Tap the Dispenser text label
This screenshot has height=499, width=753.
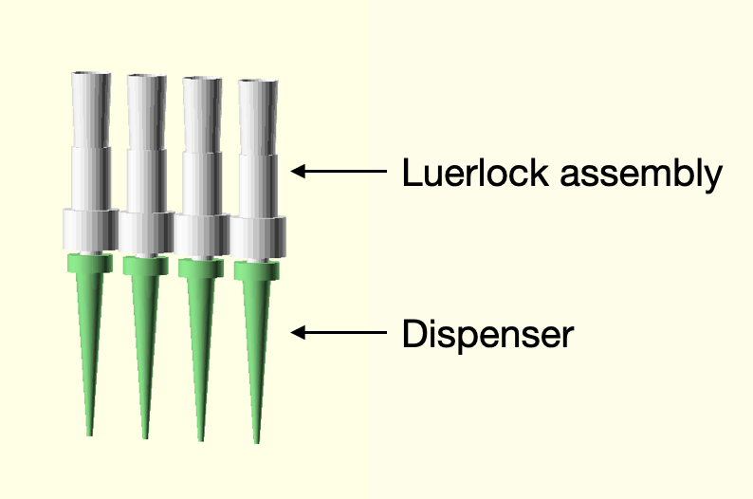coord(487,334)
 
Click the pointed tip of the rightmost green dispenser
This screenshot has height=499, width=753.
coord(257,440)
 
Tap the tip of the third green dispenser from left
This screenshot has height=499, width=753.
coord(201,438)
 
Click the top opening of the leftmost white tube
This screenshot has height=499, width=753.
coord(92,73)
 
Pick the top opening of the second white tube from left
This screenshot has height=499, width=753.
coord(147,76)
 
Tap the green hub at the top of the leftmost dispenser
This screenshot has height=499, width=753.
coord(89,263)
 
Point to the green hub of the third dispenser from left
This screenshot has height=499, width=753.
coord(201,268)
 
